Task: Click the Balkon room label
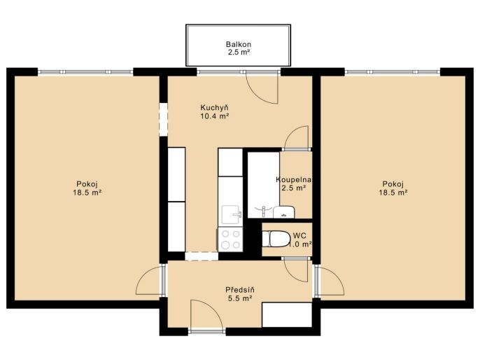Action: point(239,44)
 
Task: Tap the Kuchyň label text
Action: point(214,108)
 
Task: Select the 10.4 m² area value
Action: point(214,116)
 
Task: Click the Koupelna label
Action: point(294,179)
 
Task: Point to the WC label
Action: point(299,236)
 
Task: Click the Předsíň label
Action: point(240,289)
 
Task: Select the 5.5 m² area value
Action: point(240,298)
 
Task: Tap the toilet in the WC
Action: point(276,239)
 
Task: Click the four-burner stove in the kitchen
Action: point(230,240)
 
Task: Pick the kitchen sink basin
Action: point(232,214)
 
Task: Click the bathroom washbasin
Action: point(284,212)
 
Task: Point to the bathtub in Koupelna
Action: point(263,185)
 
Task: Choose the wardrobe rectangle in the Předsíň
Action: point(287,314)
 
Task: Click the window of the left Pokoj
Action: point(85,72)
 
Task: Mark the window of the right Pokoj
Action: point(393,72)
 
